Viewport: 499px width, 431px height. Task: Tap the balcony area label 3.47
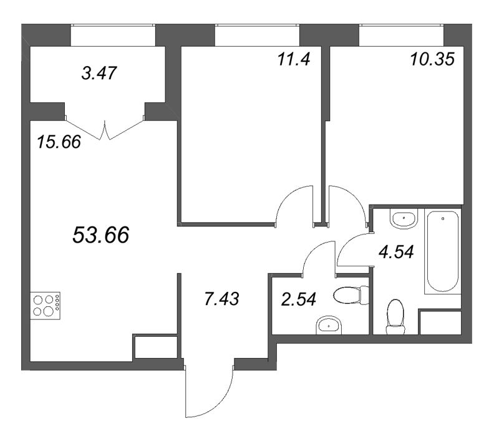click(100, 74)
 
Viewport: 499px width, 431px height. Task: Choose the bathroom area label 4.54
click(397, 253)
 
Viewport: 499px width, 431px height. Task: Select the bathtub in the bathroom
click(442, 251)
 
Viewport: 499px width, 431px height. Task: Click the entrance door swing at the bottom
click(210, 390)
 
